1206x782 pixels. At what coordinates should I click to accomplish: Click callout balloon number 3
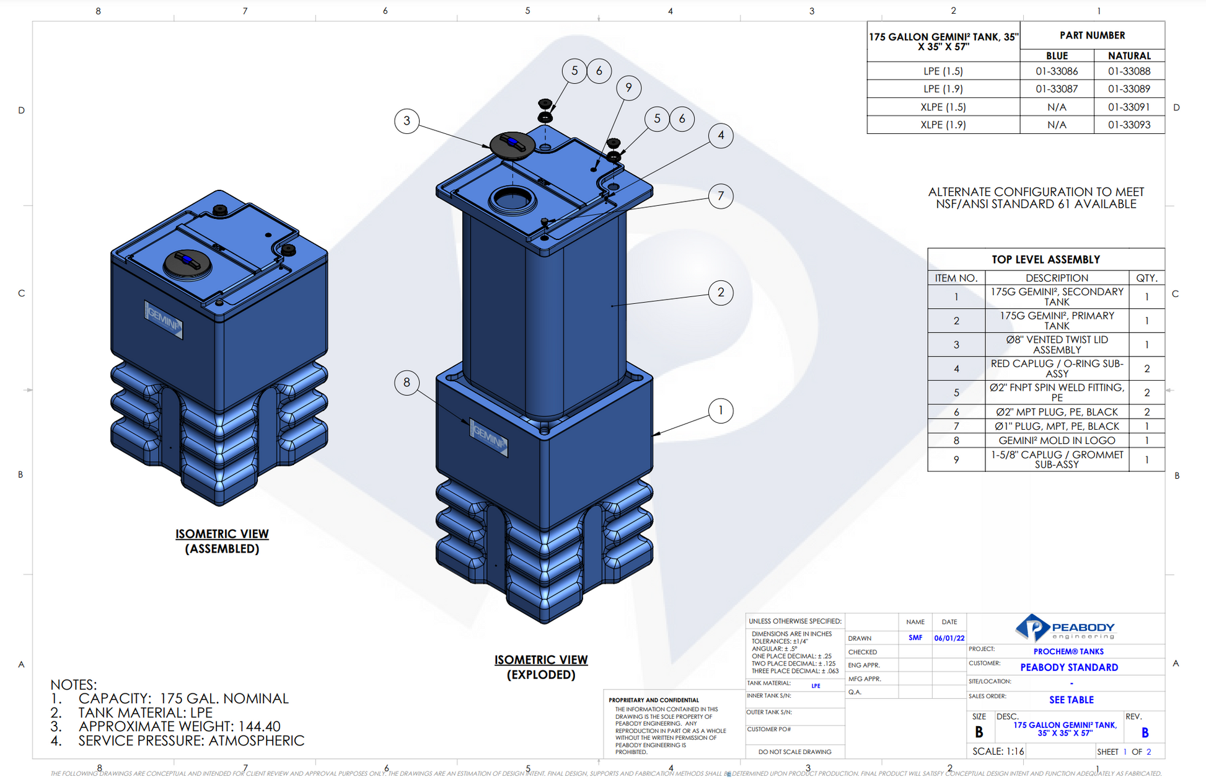coord(407,120)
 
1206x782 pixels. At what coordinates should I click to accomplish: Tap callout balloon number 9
coord(628,87)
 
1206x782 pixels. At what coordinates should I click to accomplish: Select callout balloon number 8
coord(407,382)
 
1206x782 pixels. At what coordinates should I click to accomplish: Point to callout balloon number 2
coord(720,292)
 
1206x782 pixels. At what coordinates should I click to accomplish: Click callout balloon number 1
coord(720,411)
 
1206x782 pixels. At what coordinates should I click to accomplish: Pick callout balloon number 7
coord(720,196)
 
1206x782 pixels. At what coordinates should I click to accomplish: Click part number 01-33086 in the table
coord(1056,71)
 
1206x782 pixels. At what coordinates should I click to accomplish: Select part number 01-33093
coord(1129,125)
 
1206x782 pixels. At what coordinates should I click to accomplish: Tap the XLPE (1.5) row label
coord(943,107)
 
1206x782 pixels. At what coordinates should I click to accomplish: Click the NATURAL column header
coord(1129,55)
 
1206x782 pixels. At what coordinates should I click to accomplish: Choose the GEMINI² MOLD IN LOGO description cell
coord(1056,440)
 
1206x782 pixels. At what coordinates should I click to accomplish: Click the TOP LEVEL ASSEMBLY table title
coord(1045,259)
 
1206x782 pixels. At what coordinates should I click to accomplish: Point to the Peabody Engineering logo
coord(1065,628)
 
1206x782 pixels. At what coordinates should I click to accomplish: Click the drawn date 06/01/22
coord(949,638)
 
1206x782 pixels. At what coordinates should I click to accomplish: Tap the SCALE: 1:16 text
coord(998,751)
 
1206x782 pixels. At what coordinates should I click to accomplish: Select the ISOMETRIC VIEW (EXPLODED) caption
coord(540,667)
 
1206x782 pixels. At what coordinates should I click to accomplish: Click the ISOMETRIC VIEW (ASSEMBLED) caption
coord(222,541)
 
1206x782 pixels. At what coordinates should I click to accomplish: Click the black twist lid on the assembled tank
coord(187,263)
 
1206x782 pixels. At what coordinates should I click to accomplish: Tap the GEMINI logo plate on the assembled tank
coord(164,320)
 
